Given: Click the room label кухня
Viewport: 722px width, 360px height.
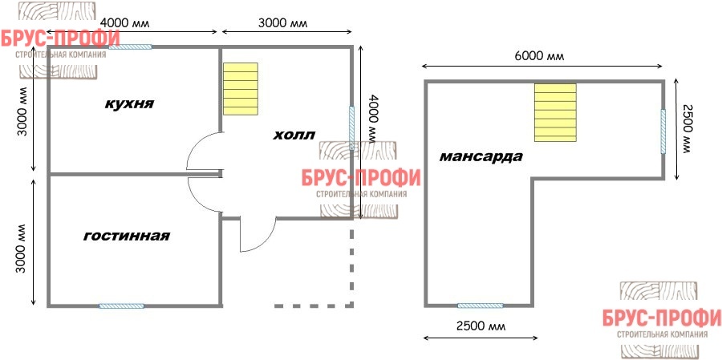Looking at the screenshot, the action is pyautogui.click(x=129, y=103).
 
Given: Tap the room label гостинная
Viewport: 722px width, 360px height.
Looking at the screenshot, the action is pyautogui.click(x=127, y=237).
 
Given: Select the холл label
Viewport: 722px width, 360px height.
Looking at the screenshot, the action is pyautogui.click(x=294, y=136).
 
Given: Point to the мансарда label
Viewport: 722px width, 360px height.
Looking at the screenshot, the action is pyautogui.click(x=481, y=157).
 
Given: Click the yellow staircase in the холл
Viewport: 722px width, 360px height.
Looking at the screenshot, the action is pyautogui.click(x=241, y=89).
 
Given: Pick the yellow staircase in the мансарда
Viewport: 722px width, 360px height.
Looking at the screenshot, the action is pyautogui.click(x=555, y=112).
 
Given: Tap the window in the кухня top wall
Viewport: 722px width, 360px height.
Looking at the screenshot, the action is pyautogui.click(x=130, y=47).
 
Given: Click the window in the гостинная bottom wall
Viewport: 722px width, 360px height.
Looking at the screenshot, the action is pyautogui.click(x=122, y=305).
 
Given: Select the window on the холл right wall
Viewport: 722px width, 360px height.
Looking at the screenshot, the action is pyautogui.click(x=352, y=128).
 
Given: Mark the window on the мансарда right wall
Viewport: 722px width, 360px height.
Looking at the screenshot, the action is pyautogui.click(x=663, y=131).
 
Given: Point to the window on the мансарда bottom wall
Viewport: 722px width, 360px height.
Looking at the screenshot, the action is pyautogui.click(x=481, y=305).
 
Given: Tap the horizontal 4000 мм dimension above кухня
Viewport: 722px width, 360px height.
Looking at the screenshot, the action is pyautogui.click(x=125, y=23).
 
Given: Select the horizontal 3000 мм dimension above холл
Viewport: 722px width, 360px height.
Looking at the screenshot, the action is pyautogui.click(x=282, y=23).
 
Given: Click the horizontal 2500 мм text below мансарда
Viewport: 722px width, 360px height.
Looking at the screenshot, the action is pyautogui.click(x=481, y=326).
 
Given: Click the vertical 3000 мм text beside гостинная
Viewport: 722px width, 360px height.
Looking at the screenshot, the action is pyautogui.click(x=21, y=249).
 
